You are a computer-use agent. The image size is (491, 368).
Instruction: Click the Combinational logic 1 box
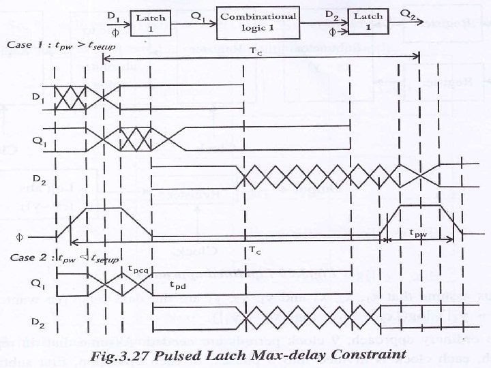[x=257, y=21]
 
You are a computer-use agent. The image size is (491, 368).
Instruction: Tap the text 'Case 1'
[x=25, y=45]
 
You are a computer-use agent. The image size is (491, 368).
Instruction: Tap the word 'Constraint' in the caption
[x=368, y=354]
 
